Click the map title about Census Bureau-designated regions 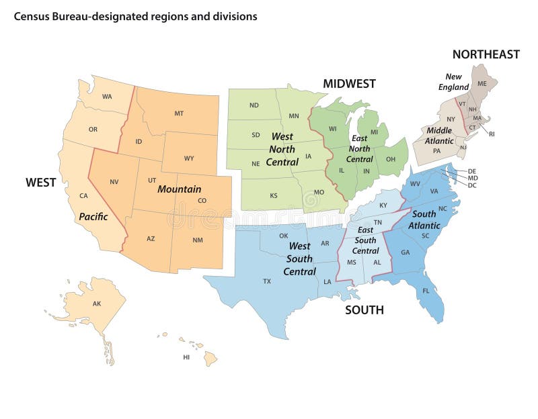[x=135, y=16]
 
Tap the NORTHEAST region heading [x=486, y=54]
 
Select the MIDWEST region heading [x=349, y=84]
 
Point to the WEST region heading [x=40, y=182]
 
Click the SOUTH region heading [x=364, y=310]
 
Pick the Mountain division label [x=180, y=189]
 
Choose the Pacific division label [x=93, y=217]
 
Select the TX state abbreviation [x=267, y=281]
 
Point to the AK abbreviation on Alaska [x=97, y=304]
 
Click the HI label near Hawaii [x=186, y=357]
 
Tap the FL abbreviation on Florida [x=426, y=291]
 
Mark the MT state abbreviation [x=179, y=113]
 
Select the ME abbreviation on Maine [x=482, y=83]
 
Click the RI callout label [x=492, y=134]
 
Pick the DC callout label [x=472, y=185]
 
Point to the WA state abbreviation [x=107, y=97]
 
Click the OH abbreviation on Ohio [x=390, y=159]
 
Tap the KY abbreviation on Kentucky [x=383, y=205]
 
